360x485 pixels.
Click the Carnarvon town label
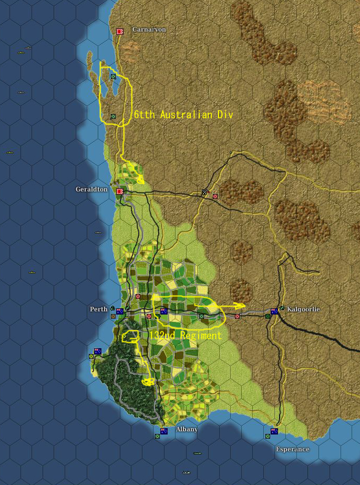pos(149,29)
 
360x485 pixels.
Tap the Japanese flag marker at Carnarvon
pos(120,32)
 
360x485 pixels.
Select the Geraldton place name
pos(91,189)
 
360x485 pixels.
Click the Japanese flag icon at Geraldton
pos(120,191)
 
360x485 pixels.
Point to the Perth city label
pos(98,309)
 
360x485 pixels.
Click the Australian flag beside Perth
pos(120,311)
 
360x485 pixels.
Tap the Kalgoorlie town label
pos(303,309)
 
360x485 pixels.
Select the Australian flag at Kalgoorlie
pos(274,311)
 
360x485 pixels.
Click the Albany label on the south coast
pos(187,429)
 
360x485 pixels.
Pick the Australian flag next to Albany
pos(164,431)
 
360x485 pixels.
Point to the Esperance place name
pos(293,449)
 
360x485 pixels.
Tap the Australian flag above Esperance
pos(274,431)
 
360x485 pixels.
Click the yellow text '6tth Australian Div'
pos(183,114)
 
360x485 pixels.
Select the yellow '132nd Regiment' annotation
pos(185,335)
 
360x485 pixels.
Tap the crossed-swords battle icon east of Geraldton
pos(205,193)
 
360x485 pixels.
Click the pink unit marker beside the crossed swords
pos(215,196)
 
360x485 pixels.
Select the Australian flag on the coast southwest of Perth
pos(97,351)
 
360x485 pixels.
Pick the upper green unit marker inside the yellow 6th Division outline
pos(112,76)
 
